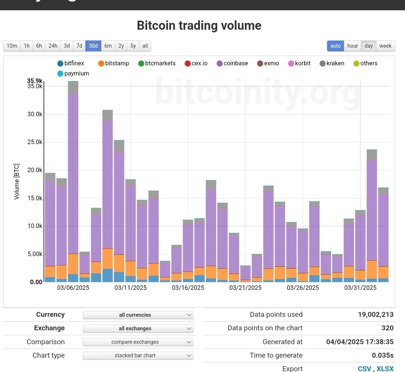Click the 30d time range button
(93, 46)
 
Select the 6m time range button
(108, 46)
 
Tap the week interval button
(385, 46)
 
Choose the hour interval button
(352, 46)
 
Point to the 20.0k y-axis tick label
(35, 170)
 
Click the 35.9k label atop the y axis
(35, 81)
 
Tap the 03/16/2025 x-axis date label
(188, 288)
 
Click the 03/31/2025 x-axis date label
(360, 288)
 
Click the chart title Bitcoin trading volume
(199, 26)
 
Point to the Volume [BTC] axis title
(17, 181)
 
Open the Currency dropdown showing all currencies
(138, 315)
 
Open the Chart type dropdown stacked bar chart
(138, 355)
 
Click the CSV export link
(364, 368)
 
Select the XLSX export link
(385, 368)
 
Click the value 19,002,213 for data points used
(375, 315)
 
